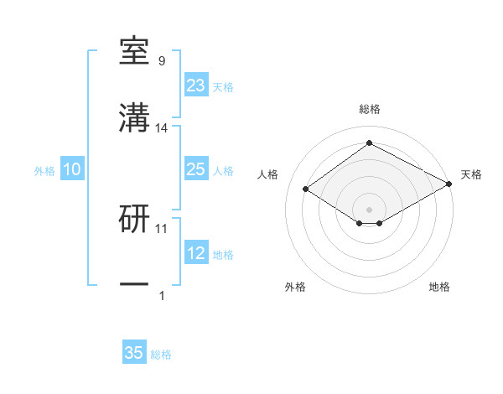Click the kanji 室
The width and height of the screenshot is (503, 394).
[x=134, y=53]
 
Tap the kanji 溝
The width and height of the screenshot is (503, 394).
[x=134, y=119]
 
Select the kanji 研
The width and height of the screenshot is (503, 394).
[x=134, y=219]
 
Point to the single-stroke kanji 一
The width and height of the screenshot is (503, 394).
[x=134, y=285]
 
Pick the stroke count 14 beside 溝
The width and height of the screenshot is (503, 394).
[x=162, y=127]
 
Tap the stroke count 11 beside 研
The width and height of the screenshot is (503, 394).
[x=162, y=227]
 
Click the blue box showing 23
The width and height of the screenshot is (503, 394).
[x=195, y=86]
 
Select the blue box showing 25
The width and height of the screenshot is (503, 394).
[x=195, y=169]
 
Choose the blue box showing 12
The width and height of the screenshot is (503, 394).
[x=195, y=253]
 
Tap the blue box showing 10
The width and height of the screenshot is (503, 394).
[x=71, y=169]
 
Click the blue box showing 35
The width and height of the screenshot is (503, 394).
[x=134, y=353]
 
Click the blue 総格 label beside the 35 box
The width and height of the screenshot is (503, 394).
[x=161, y=355]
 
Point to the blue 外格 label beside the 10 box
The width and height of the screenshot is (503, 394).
[x=44, y=171]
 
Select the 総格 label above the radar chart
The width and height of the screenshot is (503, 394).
[x=369, y=109]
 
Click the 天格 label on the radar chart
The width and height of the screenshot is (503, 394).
[x=471, y=174]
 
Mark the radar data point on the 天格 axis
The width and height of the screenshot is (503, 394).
[x=450, y=184]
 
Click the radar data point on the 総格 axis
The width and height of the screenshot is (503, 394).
[x=369, y=143]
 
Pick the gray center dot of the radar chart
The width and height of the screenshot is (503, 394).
[x=369, y=209]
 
